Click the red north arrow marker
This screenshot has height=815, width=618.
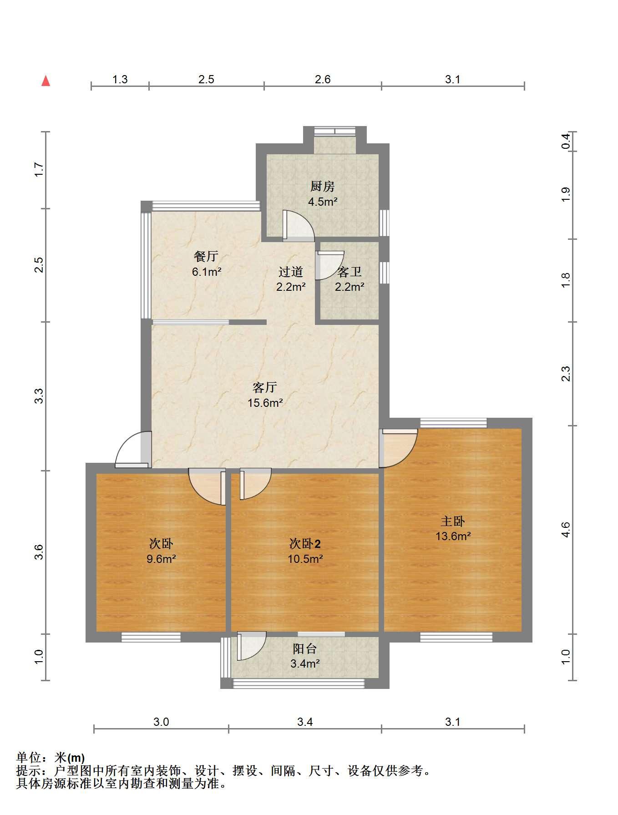pos(46,81)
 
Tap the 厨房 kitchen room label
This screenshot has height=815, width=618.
pos(323,186)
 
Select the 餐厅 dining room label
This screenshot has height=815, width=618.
pos(206,256)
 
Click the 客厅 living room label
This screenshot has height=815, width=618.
pos(265,387)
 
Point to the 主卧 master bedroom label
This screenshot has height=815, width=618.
pos(453,521)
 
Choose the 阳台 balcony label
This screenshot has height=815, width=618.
pos(304,648)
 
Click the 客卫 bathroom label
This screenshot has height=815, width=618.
pos(350,272)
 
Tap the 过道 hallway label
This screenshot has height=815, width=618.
pos(291,272)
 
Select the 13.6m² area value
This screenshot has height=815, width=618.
pos(453,536)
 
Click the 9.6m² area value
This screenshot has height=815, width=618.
pos(161,559)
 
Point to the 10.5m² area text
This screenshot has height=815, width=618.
pos(305,559)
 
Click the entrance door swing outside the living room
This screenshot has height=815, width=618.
pos(132,450)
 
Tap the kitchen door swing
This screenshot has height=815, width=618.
pos(298,225)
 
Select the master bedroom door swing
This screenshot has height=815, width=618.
pos(399,448)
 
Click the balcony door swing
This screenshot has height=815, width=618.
pos(251,646)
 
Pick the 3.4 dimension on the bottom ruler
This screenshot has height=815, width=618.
pos(305,722)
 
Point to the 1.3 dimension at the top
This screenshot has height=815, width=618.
pos(120,80)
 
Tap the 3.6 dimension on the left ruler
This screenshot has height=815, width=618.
pos(39,552)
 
